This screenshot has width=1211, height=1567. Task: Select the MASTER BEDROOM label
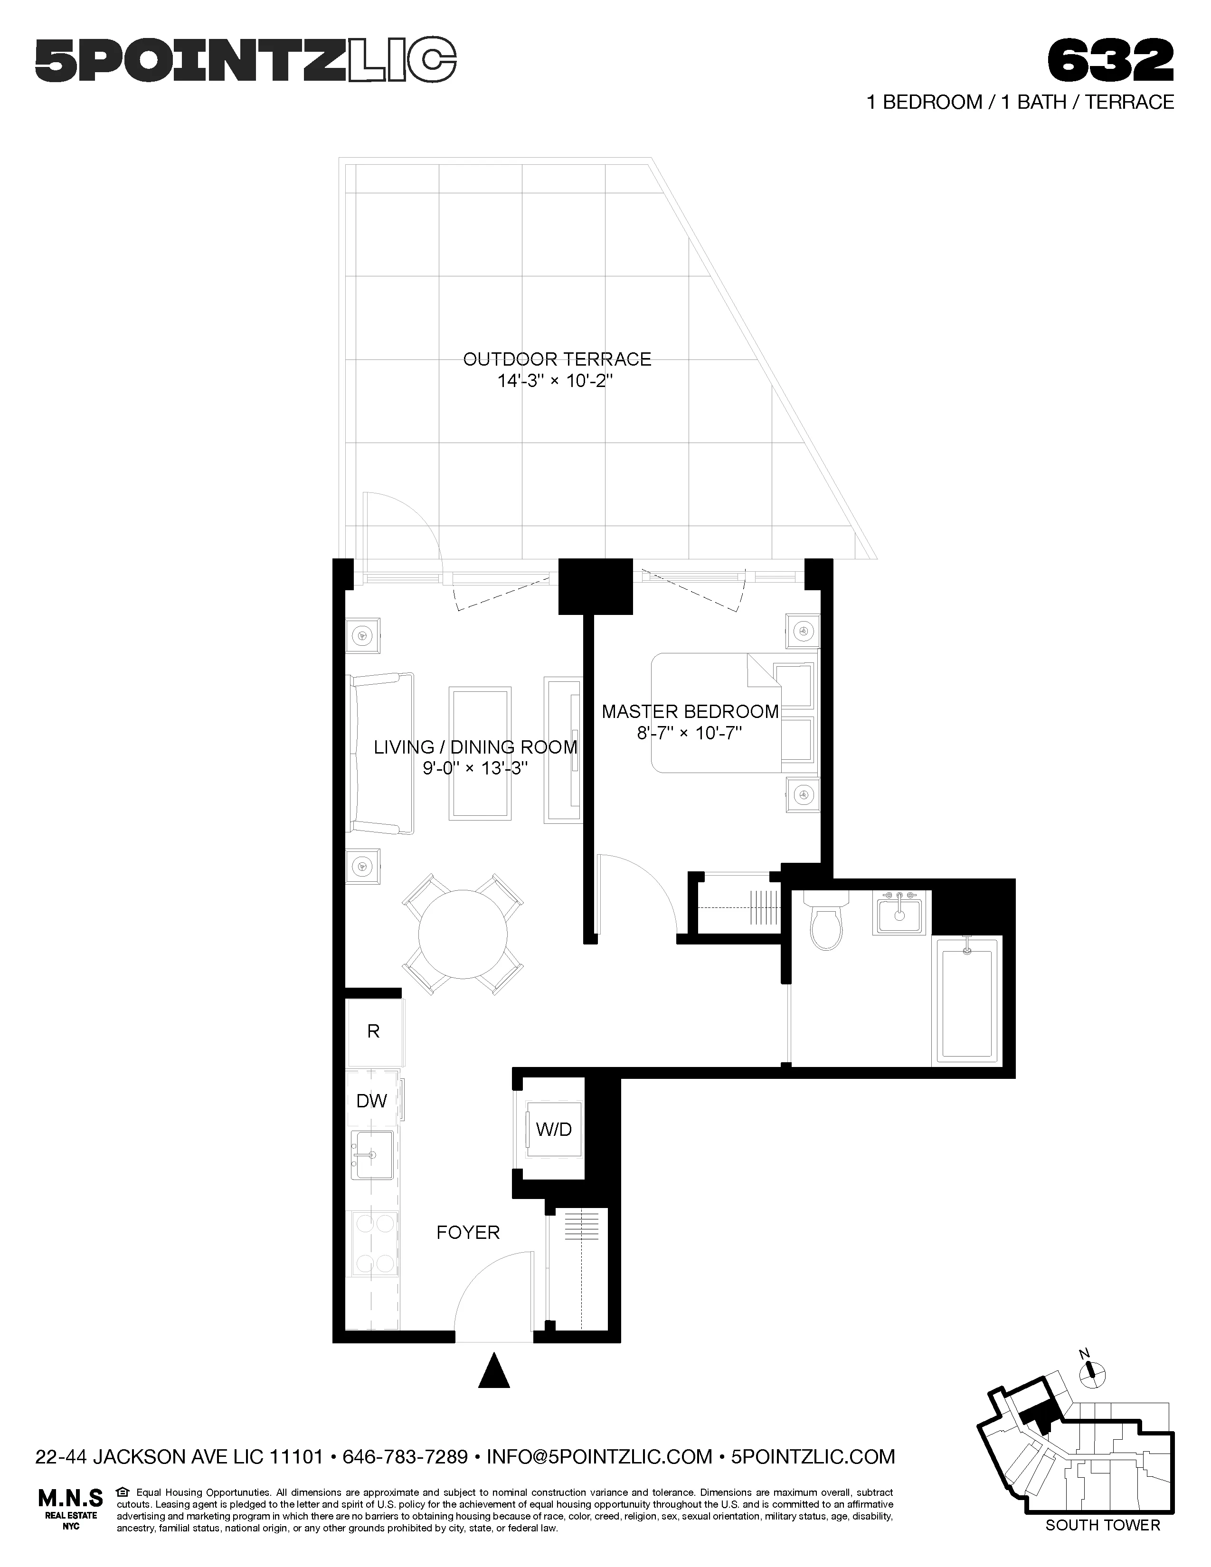pyautogui.click(x=690, y=712)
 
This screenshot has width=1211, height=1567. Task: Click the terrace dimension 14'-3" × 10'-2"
pyautogui.click(x=557, y=381)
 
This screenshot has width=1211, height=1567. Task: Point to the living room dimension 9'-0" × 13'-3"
pyautogui.click(x=475, y=768)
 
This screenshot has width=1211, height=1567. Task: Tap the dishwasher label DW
pyautogui.click(x=372, y=1101)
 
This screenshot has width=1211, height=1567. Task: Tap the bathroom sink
pyautogui.click(x=898, y=913)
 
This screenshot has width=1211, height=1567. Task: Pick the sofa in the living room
pyautogui.click(x=380, y=754)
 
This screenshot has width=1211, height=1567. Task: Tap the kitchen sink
pyautogui.click(x=372, y=1155)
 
